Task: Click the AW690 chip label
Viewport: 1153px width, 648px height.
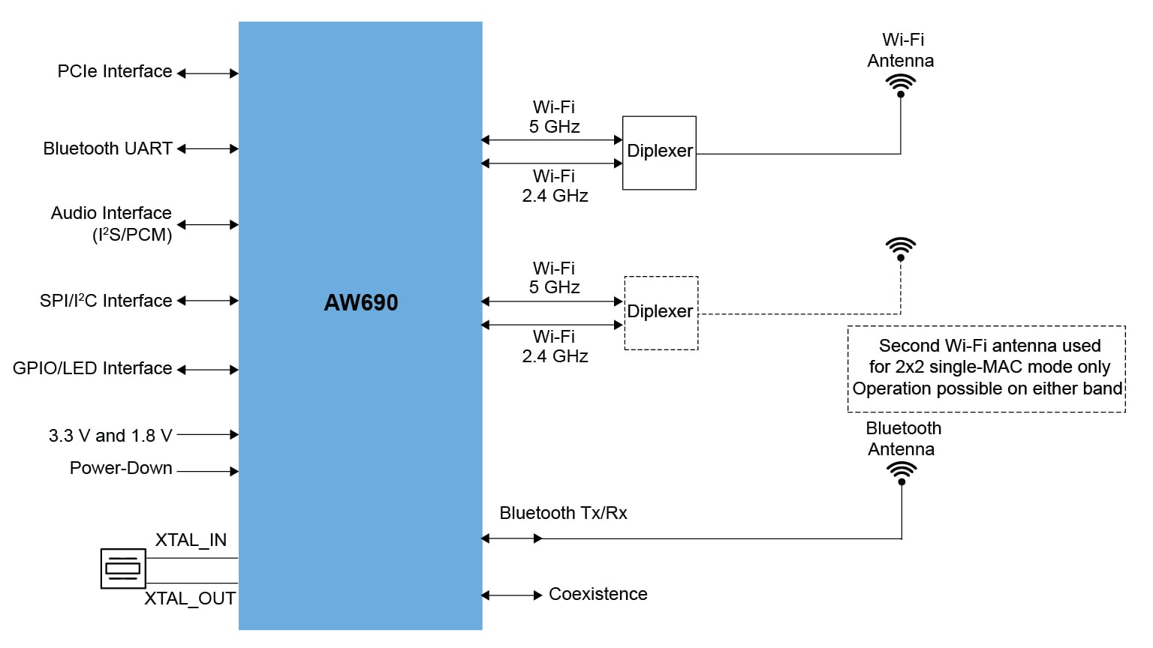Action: point(361,302)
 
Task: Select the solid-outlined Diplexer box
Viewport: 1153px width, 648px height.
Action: point(659,152)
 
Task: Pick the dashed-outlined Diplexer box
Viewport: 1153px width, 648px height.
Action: point(661,313)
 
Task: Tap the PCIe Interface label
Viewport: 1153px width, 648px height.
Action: point(115,72)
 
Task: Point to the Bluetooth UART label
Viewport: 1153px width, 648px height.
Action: point(107,148)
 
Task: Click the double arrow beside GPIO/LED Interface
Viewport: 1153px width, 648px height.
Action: point(208,370)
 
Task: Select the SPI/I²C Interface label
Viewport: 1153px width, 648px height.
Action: point(106,301)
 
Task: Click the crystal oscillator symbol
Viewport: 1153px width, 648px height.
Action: point(123,568)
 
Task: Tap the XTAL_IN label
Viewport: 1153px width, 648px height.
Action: point(191,540)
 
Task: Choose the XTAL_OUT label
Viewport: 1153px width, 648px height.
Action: point(190,598)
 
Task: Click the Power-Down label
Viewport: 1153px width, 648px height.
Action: point(121,468)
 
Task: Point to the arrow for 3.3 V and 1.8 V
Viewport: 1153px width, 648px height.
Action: point(208,434)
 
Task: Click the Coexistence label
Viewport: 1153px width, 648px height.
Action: point(598,594)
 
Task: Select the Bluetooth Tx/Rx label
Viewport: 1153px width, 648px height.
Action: point(563,513)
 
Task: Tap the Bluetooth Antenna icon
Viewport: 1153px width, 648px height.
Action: point(902,472)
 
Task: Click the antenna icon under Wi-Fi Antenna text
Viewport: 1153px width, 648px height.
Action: point(901,85)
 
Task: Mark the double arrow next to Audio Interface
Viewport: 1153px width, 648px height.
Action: point(208,224)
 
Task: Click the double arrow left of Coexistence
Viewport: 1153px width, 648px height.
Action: point(511,595)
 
